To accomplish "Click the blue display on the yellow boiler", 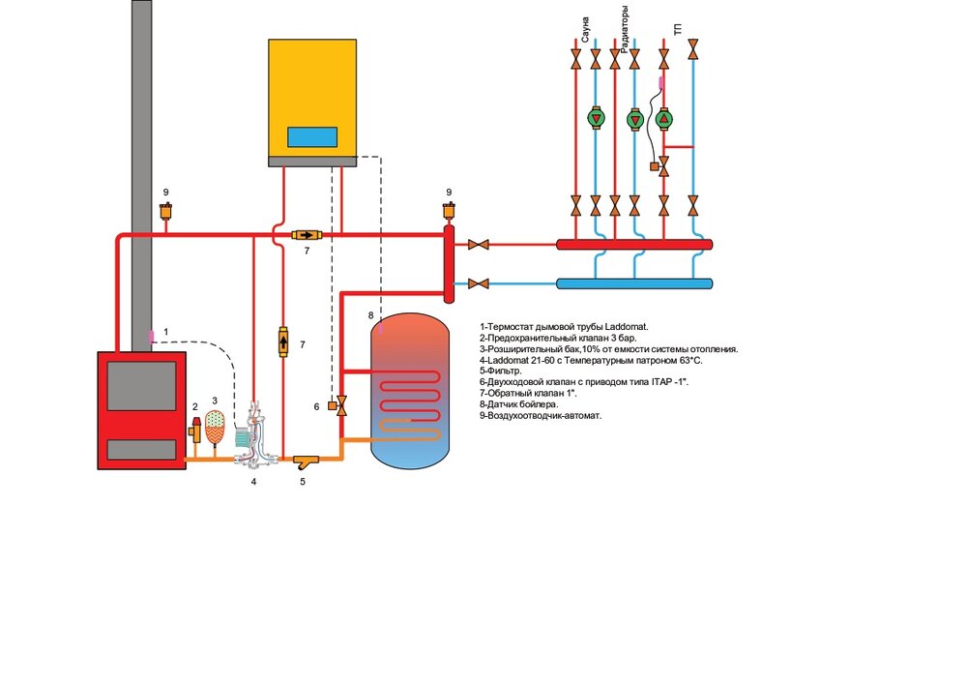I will (311, 136).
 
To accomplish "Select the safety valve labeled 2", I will (195, 431).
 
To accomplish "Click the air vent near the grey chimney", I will (166, 211).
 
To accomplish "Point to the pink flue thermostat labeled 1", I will (151, 334).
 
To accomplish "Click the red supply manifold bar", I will (634, 245).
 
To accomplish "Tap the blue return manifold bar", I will (634, 283).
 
